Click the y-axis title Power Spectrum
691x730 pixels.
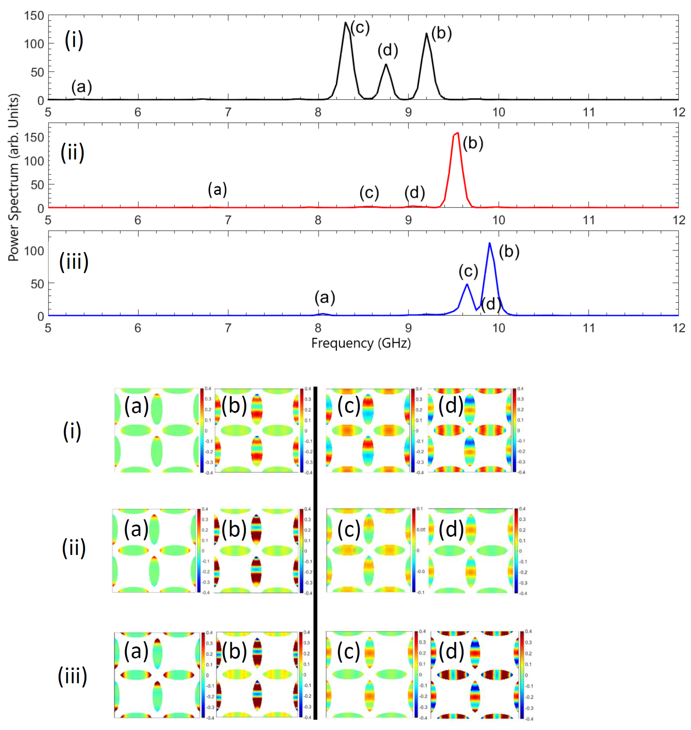tap(14, 177)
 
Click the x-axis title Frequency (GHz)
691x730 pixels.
tap(361, 343)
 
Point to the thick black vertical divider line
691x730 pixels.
tap(315, 553)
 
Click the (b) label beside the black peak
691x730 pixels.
tap(441, 33)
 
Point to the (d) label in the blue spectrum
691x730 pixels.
tap(491, 304)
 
